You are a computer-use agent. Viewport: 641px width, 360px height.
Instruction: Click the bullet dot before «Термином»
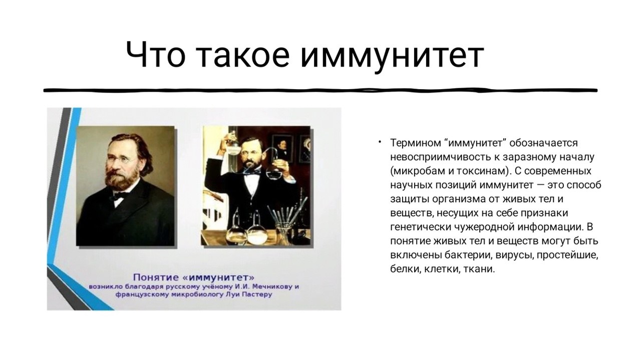(x=380, y=141)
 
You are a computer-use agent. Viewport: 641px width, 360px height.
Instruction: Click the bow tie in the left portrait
(x=119, y=196)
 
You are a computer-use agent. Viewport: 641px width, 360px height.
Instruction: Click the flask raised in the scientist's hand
(x=232, y=143)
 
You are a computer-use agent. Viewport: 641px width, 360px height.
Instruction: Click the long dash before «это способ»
(x=540, y=185)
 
